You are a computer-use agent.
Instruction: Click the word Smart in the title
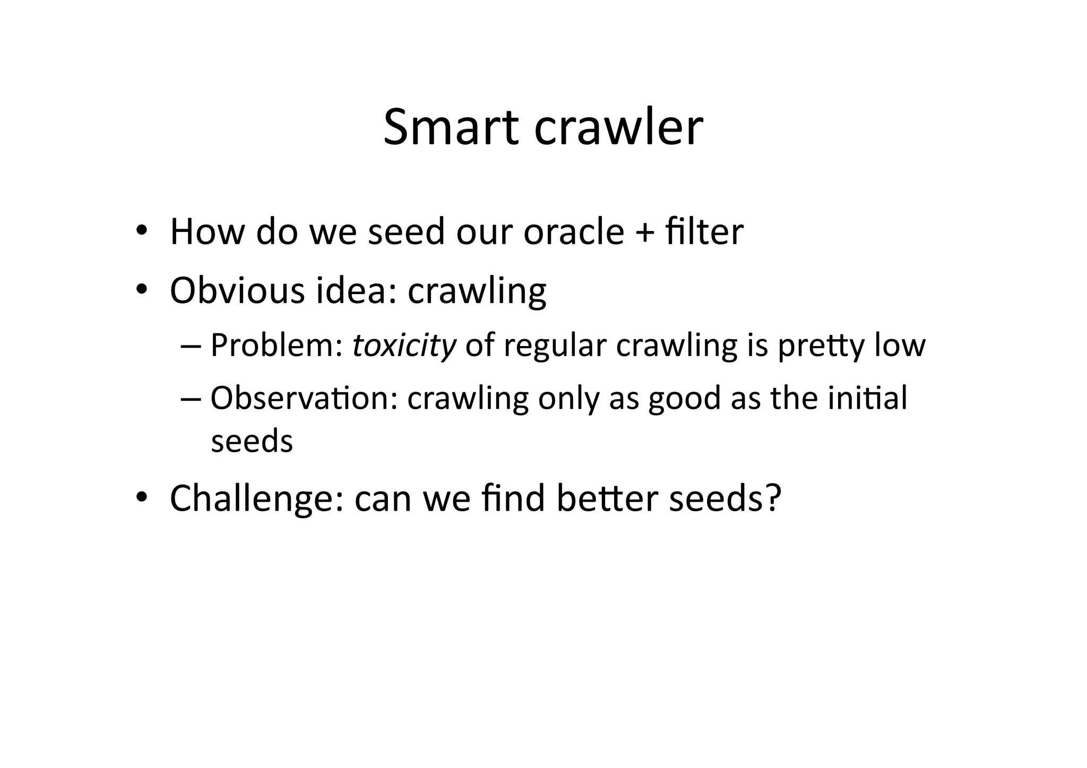(x=450, y=127)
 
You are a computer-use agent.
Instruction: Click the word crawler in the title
(x=618, y=127)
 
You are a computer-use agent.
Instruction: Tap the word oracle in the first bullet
(x=573, y=232)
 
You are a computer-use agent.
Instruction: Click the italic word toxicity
(x=404, y=346)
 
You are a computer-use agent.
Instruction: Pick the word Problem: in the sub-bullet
(x=277, y=346)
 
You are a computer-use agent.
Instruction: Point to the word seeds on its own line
(x=252, y=441)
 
